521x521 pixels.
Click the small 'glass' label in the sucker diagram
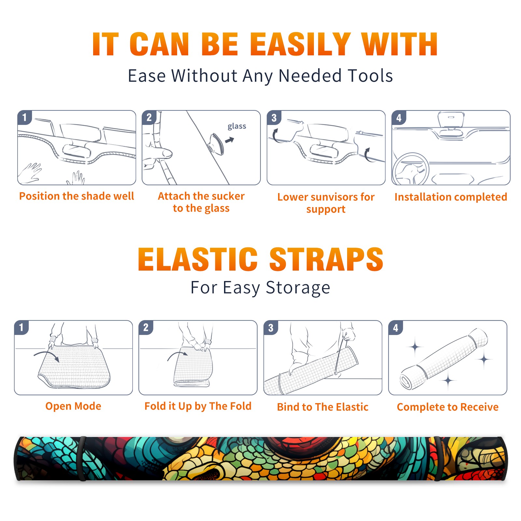point(237,126)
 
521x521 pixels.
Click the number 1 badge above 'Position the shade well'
point(24,117)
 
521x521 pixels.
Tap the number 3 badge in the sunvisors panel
point(274,118)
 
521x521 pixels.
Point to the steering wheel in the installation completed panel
point(411,169)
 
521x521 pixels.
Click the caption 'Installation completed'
point(451,197)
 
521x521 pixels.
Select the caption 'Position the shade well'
point(77,196)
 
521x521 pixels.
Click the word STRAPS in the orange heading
point(326,259)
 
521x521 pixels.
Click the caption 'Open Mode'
point(73,406)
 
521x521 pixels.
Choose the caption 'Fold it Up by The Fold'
point(198,406)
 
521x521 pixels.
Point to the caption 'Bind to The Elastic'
point(323,407)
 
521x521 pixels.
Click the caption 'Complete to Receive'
point(448,407)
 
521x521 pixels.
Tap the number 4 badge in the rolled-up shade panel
point(396,328)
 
